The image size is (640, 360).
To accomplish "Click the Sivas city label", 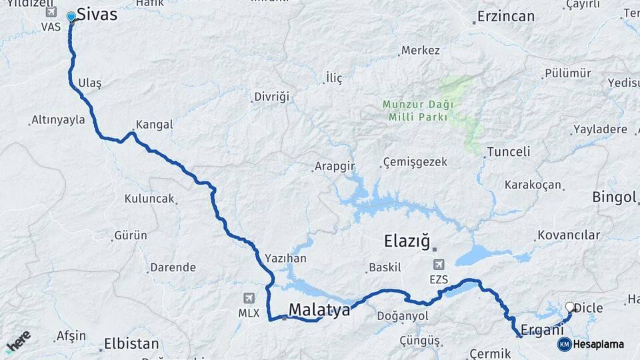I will pyautogui.click(x=97, y=14).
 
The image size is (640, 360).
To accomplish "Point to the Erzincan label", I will pyautogui.click(x=507, y=16).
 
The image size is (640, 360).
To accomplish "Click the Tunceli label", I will pyautogui.click(x=509, y=151).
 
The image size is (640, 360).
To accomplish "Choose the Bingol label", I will pyautogui.click(x=614, y=197).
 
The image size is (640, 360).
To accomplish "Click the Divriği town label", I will pyautogui.click(x=272, y=97).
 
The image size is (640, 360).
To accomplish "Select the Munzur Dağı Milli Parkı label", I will pyautogui.click(x=418, y=110).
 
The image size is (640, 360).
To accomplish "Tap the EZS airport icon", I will pyautogui.click(x=439, y=265).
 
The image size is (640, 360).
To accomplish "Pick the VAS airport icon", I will pyautogui.click(x=51, y=12).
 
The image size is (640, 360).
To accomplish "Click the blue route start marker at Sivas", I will pyautogui.click(x=71, y=17).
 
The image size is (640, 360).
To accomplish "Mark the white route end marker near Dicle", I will pyautogui.click(x=570, y=307).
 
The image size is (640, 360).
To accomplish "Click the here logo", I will pyautogui.click(x=18, y=341).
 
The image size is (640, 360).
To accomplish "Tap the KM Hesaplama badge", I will pyautogui.click(x=591, y=344).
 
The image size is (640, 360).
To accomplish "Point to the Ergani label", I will pyautogui.click(x=537, y=329).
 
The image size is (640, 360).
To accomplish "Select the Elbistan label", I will pyautogui.click(x=132, y=345).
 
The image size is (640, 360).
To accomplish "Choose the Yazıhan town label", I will pyautogui.click(x=285, y=258).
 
